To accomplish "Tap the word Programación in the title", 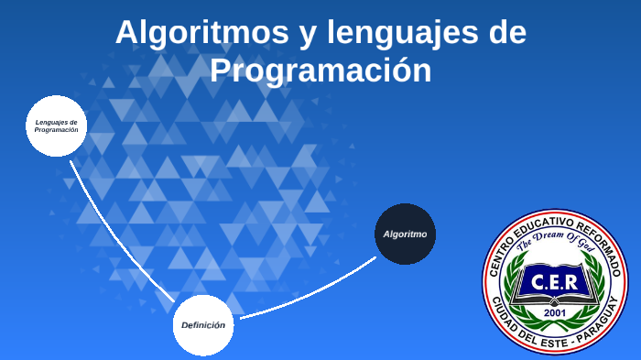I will pos(320,71).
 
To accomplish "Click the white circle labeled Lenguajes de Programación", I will pos(56,125).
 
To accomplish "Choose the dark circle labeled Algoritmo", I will pos(405,234).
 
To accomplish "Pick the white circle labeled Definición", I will pos(202,324).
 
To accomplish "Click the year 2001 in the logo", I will pos(555,313).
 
